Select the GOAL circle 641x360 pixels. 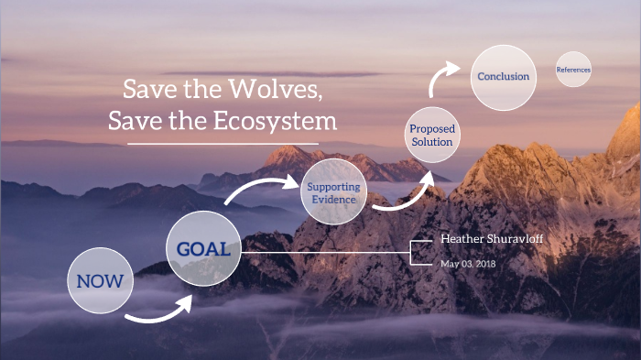point(203,248)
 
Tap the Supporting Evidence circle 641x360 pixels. point(333,193)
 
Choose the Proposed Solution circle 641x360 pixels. point(431,136)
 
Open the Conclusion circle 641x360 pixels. point(503,77)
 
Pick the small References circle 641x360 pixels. point(573,70)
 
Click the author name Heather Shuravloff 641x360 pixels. point(492,238)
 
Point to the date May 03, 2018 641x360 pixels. point(469,264)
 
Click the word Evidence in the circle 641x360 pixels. point(333,200)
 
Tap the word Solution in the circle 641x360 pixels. point(431,142)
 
